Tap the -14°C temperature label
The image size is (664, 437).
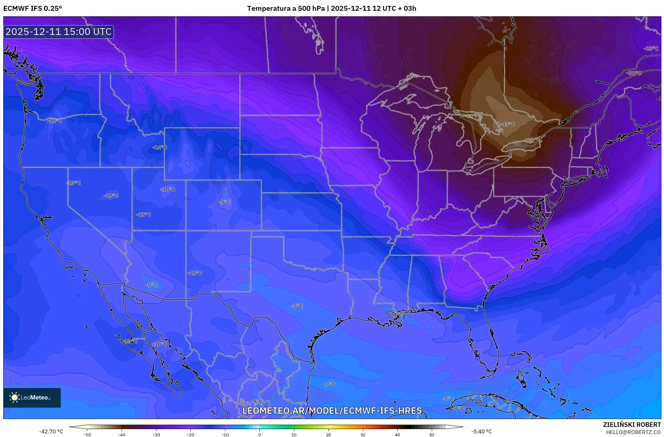[x=159, y=147]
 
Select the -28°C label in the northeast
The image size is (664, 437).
[x=651, y=48]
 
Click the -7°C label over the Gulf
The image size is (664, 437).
[x=329, y=384]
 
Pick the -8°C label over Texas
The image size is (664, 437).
[x=297, y=306]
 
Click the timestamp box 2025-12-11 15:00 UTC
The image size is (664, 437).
[x=58, y=32]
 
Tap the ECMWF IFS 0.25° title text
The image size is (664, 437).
[x=33, y=8]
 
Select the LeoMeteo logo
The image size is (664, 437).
[x=32, y=397]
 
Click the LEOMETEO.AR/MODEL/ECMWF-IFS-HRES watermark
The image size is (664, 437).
[x=332, y=411]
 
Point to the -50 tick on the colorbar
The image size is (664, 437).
[x=87, y=435]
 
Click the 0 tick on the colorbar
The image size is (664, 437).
[x=260, y=435]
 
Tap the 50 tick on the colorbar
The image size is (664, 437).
[x=432, y=435]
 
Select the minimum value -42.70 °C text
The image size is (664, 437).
[x=51, y=431]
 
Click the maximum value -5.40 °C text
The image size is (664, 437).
[x=481, y=431]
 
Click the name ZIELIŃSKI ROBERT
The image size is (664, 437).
[x=632, y=425]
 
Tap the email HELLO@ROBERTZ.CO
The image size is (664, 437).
[x=633, y=432]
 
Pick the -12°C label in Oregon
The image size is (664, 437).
[x=55, y=121]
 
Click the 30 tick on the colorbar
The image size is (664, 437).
[x=363, y=435]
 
